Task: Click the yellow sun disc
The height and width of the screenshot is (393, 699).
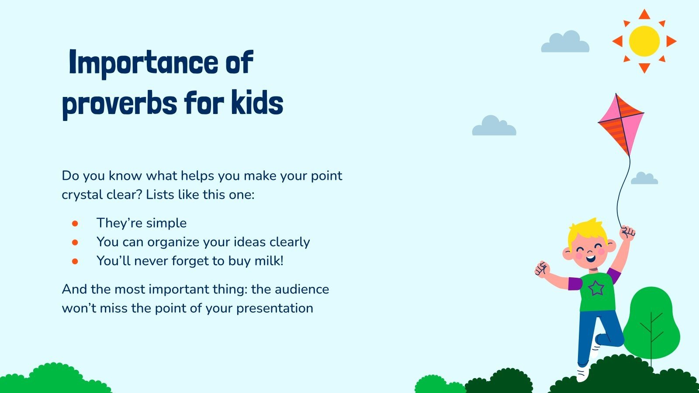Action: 644,41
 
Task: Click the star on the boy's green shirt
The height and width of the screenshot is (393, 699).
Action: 595,288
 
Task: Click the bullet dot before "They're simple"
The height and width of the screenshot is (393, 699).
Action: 75,223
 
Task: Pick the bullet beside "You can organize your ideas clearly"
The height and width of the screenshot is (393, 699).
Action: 75,242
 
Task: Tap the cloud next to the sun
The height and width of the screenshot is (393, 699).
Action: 565,43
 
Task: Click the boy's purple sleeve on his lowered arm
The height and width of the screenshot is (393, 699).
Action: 574,283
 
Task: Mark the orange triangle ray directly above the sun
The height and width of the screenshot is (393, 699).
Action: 644,14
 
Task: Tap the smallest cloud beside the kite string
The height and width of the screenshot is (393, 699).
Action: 644,179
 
